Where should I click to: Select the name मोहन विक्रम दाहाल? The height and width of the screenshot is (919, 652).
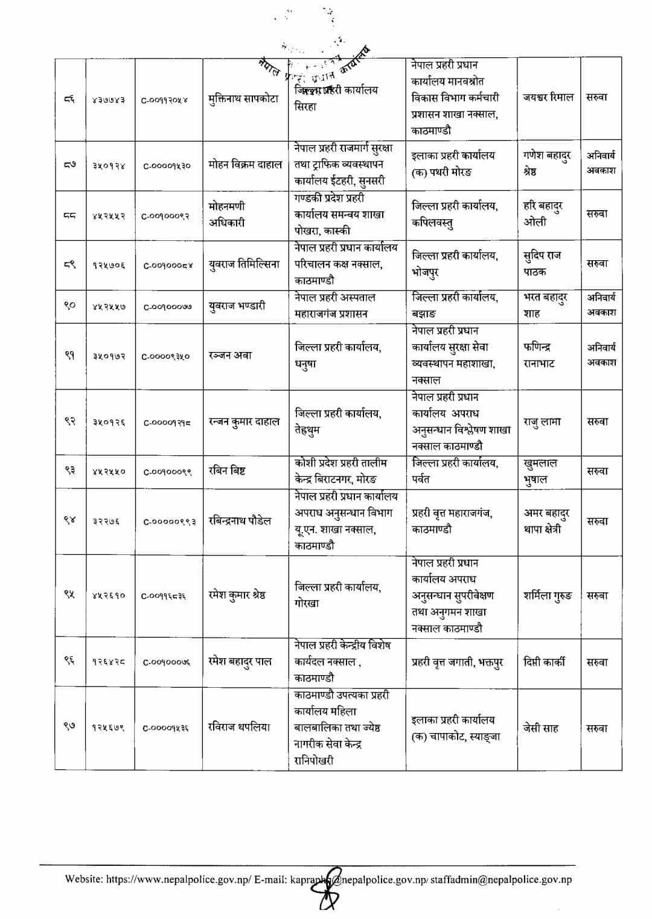pos(245,165)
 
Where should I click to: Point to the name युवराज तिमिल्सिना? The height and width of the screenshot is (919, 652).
pos(244,264)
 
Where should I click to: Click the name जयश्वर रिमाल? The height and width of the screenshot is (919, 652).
pos(548,97)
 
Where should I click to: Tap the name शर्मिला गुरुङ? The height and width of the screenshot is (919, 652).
pos(548,595)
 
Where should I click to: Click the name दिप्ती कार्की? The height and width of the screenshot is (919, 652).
pos(545,661)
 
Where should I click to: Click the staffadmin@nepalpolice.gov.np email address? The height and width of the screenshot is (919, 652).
pos(502,879)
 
